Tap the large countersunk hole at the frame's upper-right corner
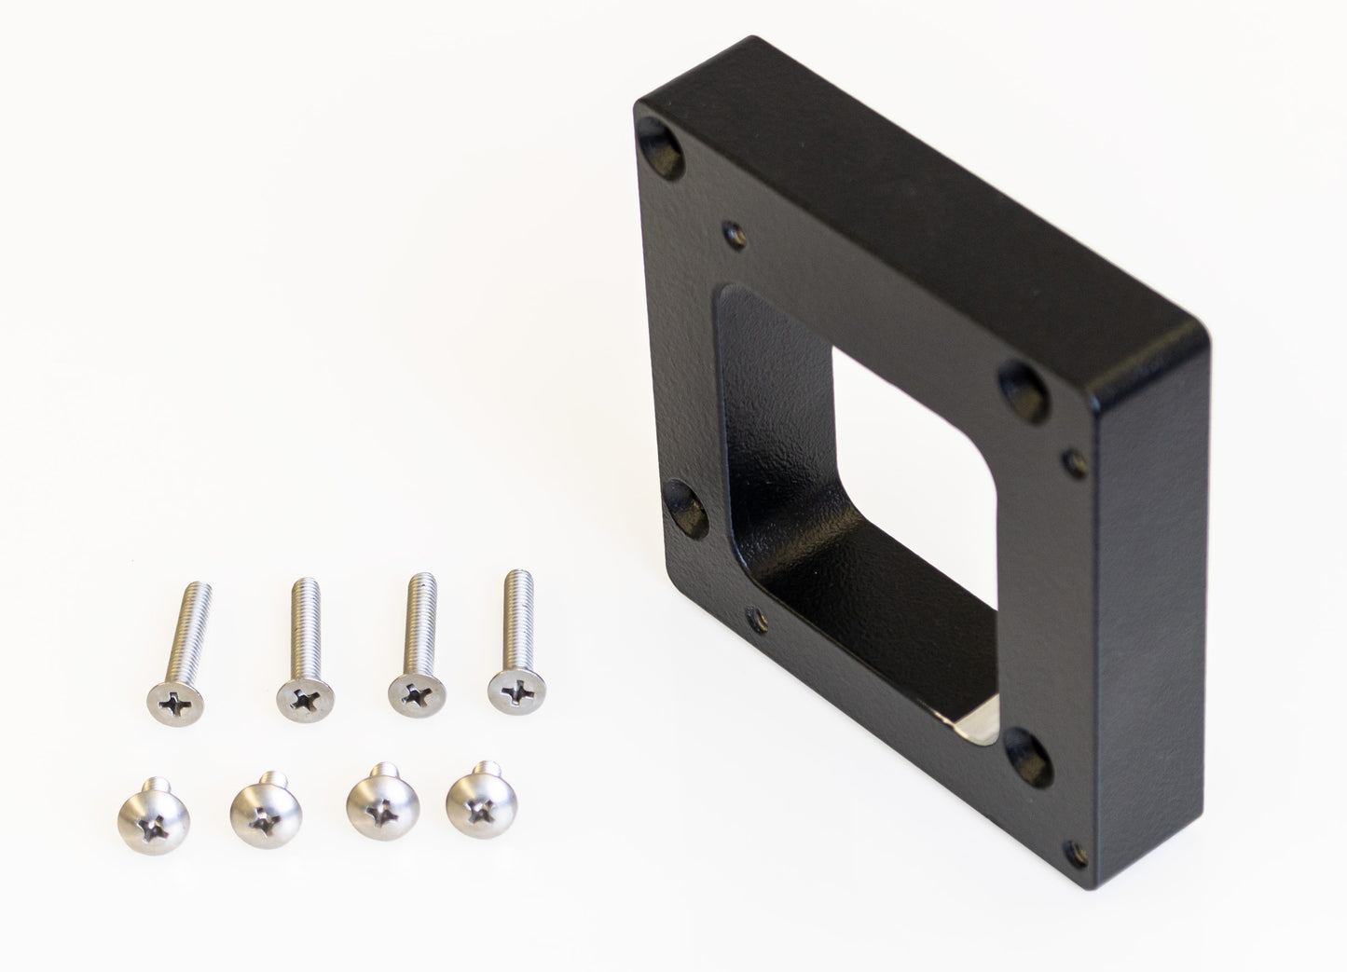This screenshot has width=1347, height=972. [1021, 381]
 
